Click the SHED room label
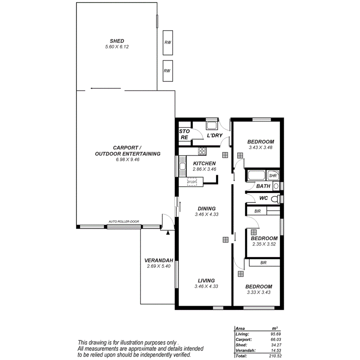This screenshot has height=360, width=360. click(x=117, y=41)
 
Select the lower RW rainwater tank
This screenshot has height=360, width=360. click(x=167, y=71)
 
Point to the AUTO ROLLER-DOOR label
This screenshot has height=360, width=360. click(x=124, y=222)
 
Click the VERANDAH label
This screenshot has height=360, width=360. click(x=158, y=260)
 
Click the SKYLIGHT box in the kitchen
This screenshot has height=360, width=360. click(x=192, y=182)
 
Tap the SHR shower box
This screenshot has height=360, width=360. click(x=273, y=175)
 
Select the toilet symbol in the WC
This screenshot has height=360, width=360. click(x=275, y=199)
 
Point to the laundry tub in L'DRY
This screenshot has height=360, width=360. click(x=211, y=126)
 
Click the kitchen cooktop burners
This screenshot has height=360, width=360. click(x=202, y=151)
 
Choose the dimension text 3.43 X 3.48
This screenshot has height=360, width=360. click(x=261, y=147)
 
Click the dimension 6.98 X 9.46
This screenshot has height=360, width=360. click(x=127, y=159)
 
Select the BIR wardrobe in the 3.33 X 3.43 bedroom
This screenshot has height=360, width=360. click(x=264, y=263)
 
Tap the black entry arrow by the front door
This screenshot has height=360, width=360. click(x=168, y=233)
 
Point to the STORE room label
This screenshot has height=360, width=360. click(x=184, y=134)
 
